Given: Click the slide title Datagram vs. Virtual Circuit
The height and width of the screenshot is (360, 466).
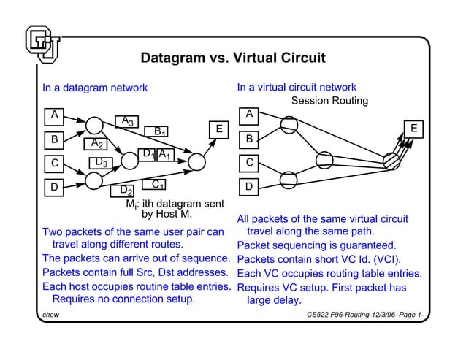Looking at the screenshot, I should [232, 58].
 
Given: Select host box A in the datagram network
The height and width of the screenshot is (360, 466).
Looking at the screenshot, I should [53, 115].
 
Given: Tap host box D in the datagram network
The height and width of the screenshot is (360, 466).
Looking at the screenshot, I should [53, 188].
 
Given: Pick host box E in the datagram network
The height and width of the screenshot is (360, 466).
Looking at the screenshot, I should [218, 129].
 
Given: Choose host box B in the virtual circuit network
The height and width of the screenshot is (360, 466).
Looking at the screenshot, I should [250, 138].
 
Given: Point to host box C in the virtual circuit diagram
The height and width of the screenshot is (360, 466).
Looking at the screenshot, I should [250, 162].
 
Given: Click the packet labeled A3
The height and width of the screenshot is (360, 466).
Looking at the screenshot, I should [127, 120].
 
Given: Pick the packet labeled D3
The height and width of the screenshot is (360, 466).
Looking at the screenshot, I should [101, 162].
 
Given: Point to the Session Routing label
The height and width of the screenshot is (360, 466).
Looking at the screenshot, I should [329, 101].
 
